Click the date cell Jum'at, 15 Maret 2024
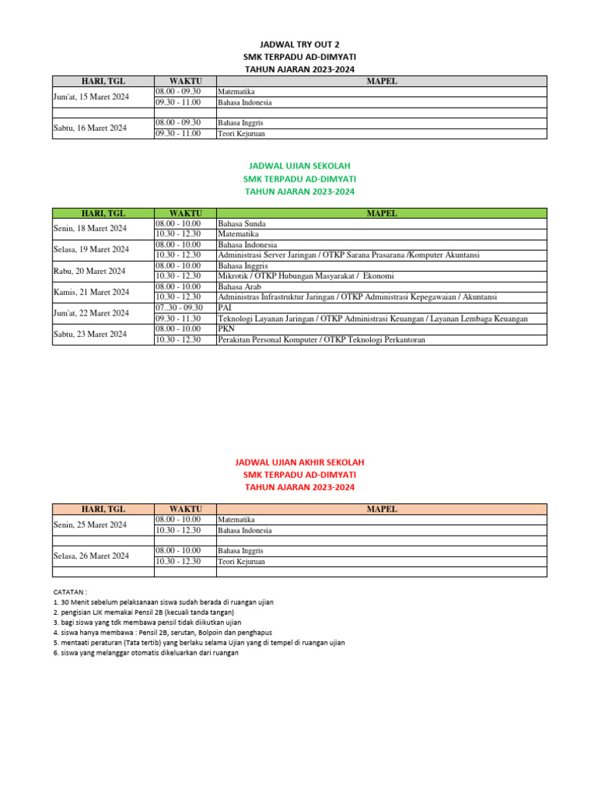coord(91,97)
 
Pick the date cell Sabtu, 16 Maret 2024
coord(89,128)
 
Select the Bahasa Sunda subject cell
coord(242,223)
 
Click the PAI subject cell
coord(225,308)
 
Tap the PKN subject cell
coord(227,329)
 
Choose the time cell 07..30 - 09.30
coord(179,308)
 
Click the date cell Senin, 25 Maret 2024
coord(90,525)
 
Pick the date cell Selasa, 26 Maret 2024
coord(91,556)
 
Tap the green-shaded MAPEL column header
coord(382,213)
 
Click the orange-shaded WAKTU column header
coord(185,509)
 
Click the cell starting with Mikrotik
coord(306,275)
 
